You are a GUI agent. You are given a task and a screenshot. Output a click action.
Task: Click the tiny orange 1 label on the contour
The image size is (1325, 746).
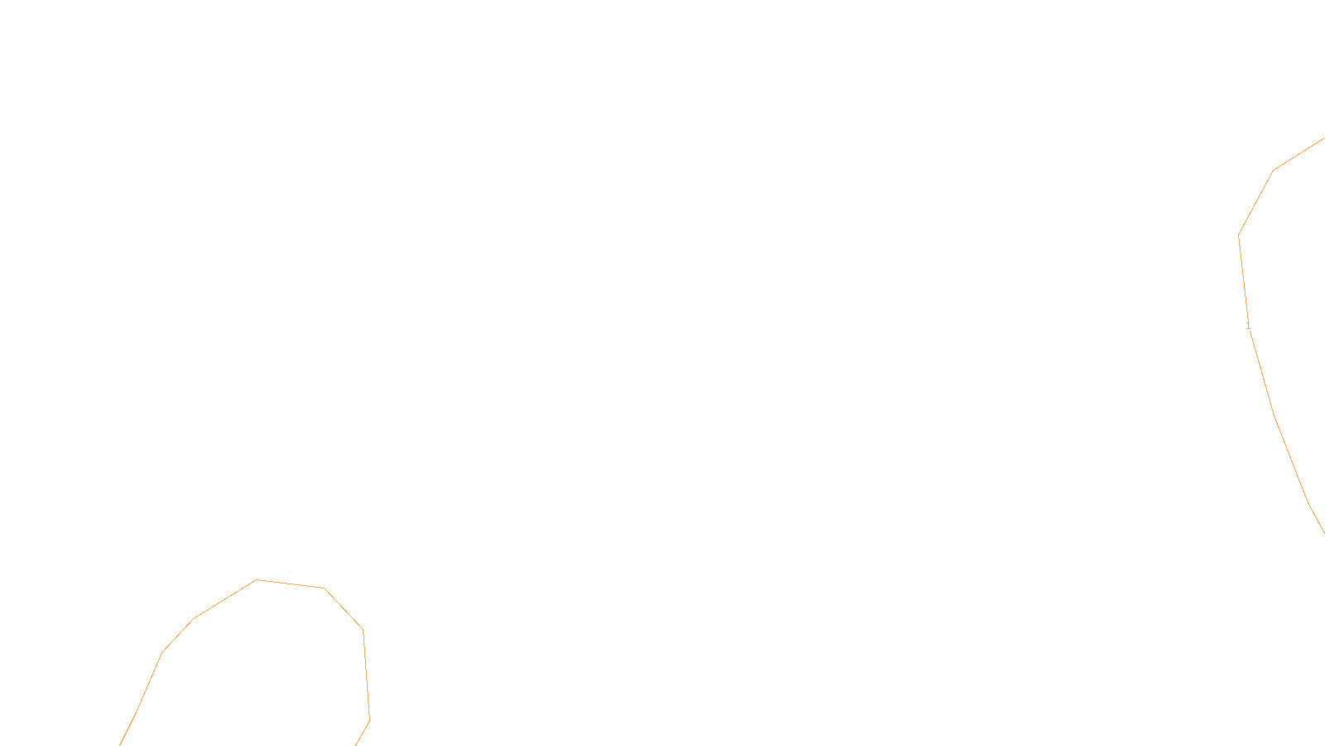(1248, 326)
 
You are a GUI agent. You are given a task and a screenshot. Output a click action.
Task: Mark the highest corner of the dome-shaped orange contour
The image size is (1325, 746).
(258, 579)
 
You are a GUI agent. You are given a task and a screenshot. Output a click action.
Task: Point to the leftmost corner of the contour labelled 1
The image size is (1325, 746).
(1239, 235)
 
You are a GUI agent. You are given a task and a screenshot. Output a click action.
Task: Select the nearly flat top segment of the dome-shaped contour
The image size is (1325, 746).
(291, 584)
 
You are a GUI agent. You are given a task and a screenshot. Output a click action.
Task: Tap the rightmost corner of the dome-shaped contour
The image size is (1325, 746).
(369, 719)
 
